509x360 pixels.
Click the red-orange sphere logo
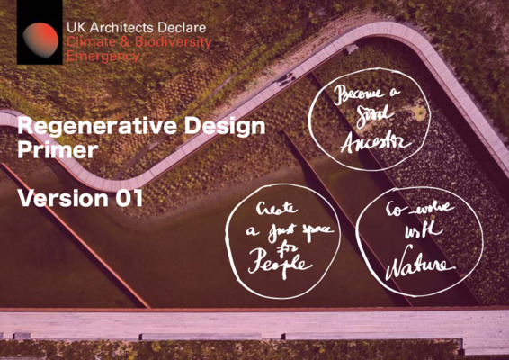click(40, 40)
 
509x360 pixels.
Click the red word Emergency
click(103, 56)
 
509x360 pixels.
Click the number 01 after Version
click(127, 198)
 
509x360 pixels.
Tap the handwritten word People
click(281, 263)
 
